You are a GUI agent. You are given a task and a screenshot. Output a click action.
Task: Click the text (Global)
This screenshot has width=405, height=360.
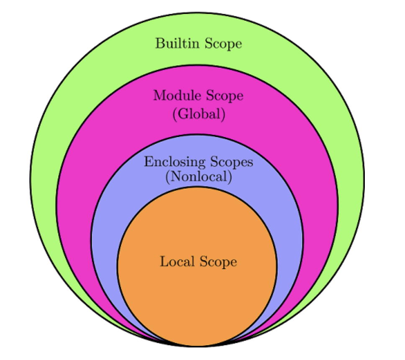coord(199,114)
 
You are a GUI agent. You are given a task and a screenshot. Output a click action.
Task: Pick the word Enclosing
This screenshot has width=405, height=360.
coord(175,162)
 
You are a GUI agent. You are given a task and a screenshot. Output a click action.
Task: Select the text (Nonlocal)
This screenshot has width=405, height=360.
coord(198,177)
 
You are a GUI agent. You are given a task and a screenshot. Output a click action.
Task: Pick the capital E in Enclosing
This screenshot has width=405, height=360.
coord(148,162)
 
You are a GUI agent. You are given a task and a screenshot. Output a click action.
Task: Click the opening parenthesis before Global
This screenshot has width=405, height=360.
coord(174,114)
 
